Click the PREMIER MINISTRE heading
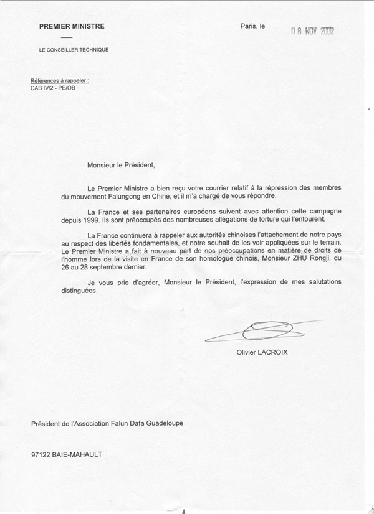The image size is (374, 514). coord(72,27)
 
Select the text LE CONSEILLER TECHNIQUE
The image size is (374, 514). coord(74,49)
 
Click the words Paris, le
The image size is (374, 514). coord(252,26)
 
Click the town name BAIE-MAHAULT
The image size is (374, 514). coord(79,454)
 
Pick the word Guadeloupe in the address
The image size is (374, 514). coord(163,424)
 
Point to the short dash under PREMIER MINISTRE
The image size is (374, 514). coord(67,37)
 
